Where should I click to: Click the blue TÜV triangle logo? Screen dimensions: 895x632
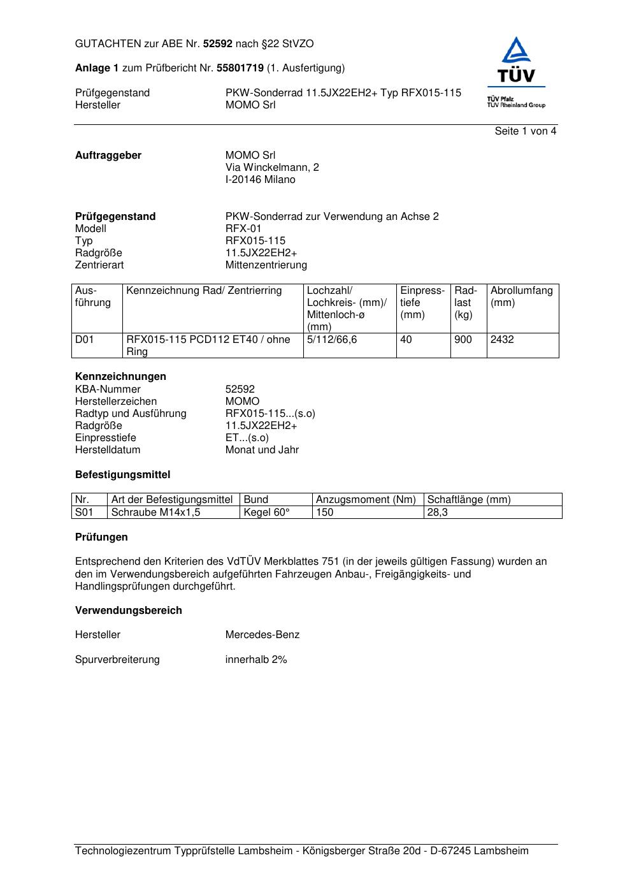tap(516, 60)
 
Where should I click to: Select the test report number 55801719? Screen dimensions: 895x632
tap(240, 68)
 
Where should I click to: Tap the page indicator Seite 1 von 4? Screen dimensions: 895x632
tap(526, 131)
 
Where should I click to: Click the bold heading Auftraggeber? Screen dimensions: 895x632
tap(108, 156)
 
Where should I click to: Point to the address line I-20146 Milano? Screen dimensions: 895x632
tap(261, 180)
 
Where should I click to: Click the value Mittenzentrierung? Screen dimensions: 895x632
tap(266, 265)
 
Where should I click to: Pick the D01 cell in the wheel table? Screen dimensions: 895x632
tap(85, 340)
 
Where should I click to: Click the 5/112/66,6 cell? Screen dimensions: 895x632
tap(332, 340)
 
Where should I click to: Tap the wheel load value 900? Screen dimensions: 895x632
tap(463, 340)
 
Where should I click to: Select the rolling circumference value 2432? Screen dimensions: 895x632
tap(502, 340)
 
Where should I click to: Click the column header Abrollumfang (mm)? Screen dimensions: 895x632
tap(522, 296)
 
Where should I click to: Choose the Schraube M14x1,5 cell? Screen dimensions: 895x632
tap(156, 513)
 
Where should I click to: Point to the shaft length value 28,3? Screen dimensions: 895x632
tap(438, 513)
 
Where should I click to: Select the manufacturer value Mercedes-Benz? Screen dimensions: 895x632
tap(262, 635)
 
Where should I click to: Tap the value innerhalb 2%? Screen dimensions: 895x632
tap(256, 660)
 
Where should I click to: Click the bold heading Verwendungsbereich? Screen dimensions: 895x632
tap(129, 611)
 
